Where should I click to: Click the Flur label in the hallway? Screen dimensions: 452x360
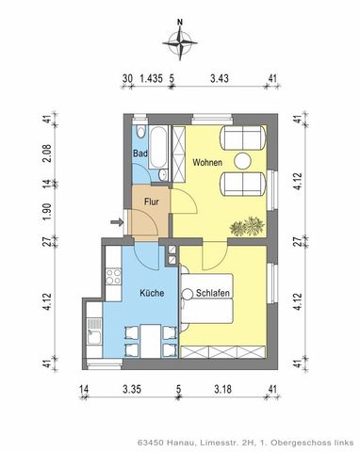[x=150, y=201]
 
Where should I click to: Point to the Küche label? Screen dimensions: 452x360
[x=152, y=293]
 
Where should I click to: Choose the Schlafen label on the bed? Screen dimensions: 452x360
[x=215, y=293]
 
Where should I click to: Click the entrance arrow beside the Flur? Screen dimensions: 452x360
[x=116, y=223]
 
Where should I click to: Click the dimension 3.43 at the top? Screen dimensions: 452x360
[x=221, y=81]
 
